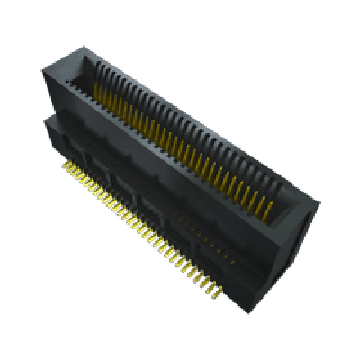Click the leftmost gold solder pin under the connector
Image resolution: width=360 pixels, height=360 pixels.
(65, 166)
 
